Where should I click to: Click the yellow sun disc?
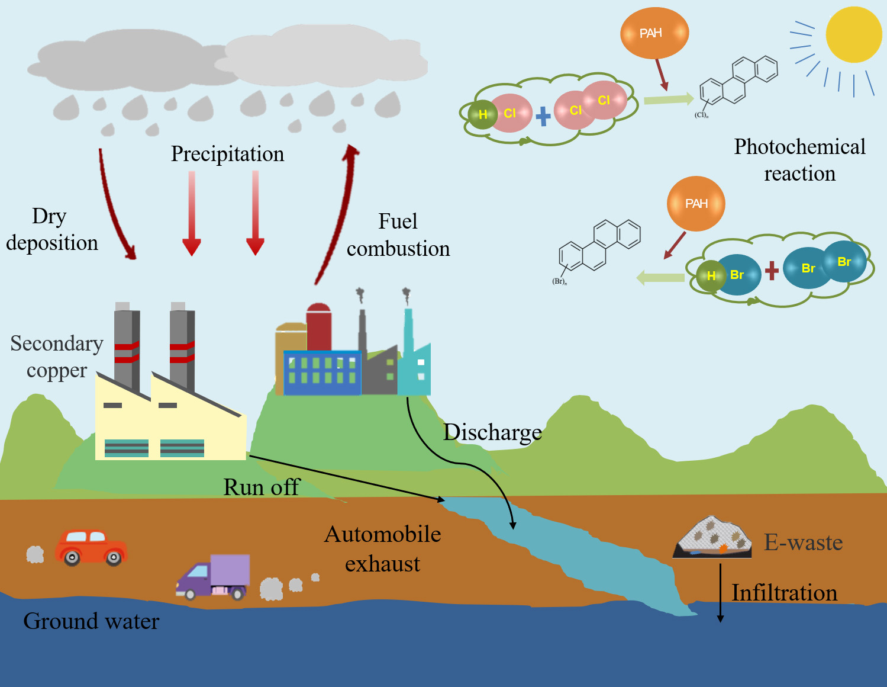pos(853,34)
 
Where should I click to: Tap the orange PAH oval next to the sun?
pos(654,33)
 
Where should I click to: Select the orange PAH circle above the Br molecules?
pos(696,204)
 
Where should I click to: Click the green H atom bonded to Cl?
pos(482,115)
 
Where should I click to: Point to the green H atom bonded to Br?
pos(710,276)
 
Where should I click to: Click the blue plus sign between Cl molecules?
pos(543,116)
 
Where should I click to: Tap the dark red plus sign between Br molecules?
pos(771,271)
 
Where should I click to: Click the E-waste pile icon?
pos(712,537)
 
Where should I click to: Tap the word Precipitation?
pos(227,154)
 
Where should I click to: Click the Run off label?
pos(261,487)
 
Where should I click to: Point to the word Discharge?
pos(492,432)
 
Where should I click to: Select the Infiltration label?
pos(784,593)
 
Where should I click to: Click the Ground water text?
pos(91,621)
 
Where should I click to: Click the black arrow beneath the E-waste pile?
pos(720,592)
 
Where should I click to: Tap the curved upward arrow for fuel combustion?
pos(339,213)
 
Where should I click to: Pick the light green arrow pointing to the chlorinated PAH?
pos(668,99)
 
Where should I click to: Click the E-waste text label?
pos(803,542)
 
